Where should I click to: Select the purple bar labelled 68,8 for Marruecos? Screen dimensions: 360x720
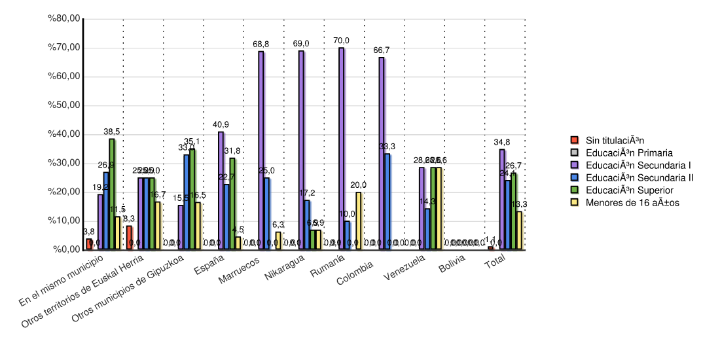[261, 151]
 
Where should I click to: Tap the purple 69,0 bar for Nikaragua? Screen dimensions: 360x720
[301, 150]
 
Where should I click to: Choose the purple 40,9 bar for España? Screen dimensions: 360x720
[221, 190]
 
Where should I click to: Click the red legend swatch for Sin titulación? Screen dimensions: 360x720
[575, 140]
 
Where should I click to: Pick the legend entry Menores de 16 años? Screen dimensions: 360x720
[632, 202]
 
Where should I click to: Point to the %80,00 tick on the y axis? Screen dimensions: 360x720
[64, 18]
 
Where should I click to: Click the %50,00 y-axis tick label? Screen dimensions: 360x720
[64, 105]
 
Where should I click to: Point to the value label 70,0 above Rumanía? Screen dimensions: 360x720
[341, 41]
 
